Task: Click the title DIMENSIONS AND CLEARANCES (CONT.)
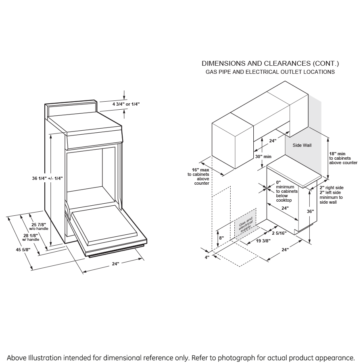point(270,63)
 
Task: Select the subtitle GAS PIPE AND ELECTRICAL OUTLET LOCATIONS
point(270,72)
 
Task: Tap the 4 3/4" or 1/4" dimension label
point(126,104)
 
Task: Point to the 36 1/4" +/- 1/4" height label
point(47,178)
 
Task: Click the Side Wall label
point(302,145)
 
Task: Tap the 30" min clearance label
point(263,156)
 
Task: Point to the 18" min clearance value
point(338,154)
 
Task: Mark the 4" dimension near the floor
point(207,257)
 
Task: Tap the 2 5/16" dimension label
point(279,233)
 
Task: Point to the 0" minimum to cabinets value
point(278,182)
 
